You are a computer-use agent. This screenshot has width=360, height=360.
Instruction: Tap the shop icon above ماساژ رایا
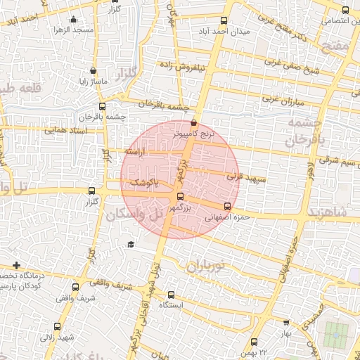click(94, 70)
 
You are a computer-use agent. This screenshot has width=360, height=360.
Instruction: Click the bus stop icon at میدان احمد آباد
click(224, 20)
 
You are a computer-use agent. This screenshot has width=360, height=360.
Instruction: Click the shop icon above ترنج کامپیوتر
click(194, 122)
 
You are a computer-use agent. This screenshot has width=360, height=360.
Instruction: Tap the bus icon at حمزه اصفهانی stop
click(226, 207)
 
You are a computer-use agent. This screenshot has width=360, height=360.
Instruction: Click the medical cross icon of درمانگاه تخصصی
click(15, 265)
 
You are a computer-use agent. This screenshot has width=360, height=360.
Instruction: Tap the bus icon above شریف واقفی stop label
click(93, 284)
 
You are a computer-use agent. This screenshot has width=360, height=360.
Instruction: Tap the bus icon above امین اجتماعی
click(345, 10)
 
